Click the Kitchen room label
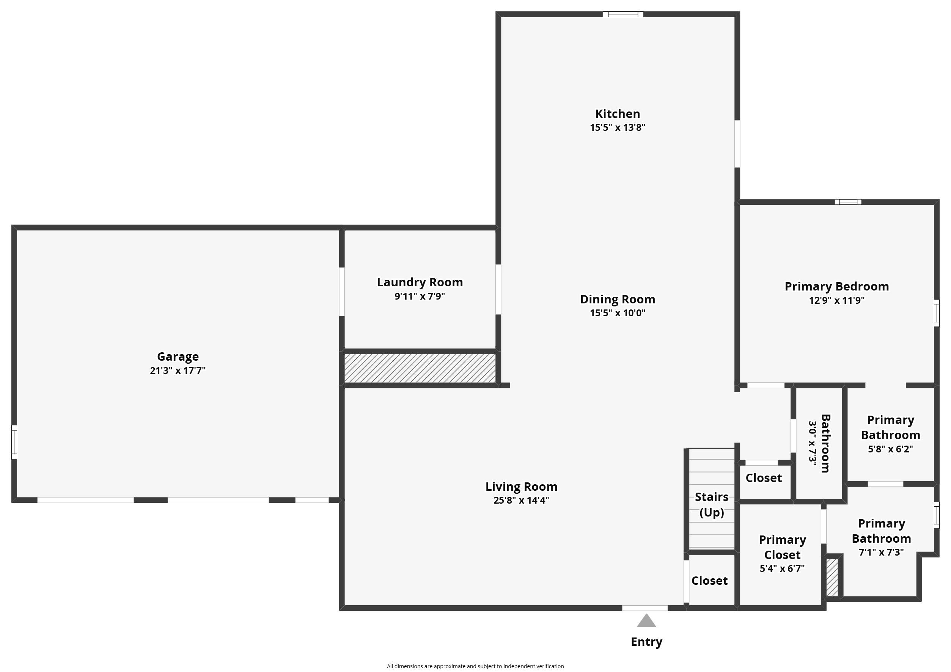coord(617,113)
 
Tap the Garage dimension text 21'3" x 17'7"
coord(178,370)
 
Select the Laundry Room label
coord(420,282)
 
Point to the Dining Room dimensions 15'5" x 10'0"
coord(618,312)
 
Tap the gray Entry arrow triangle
coord(646,620)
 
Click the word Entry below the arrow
coord(646,642)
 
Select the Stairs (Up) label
coord(712,504)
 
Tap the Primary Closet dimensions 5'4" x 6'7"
coord(782,568)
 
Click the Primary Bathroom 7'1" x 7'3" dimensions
coord(881,552)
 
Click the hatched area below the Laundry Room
coord(420,368)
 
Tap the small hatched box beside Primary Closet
coord(832,578)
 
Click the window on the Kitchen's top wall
coord(623,14)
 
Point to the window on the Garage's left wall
coord(14,442)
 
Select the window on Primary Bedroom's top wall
coord(848,202)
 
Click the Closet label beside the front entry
coord(709,581)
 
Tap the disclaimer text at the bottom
coord(475,666)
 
